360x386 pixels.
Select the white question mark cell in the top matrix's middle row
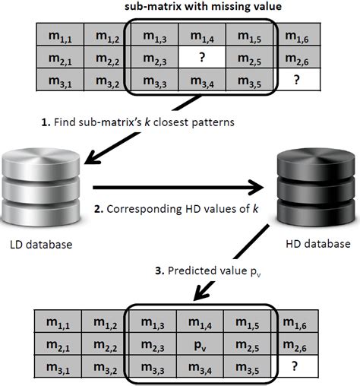[x=202, y=57]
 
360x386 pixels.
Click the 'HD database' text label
[x=317, y=244]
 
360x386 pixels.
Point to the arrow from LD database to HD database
[x=178, y=188]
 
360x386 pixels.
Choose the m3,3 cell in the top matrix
[x=155, y=80]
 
